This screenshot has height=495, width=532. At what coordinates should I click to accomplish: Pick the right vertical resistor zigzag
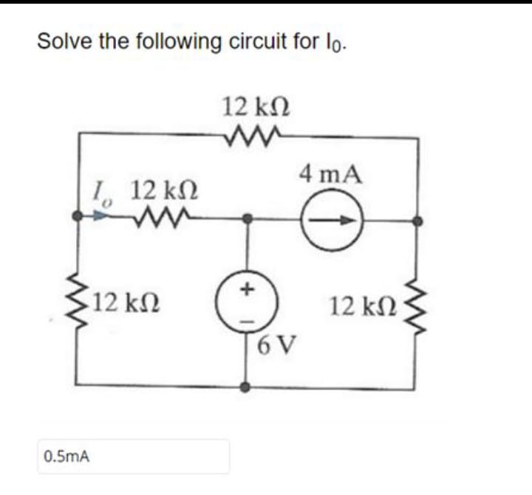point(419,303)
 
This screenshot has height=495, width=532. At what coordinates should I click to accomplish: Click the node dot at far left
point(77,218)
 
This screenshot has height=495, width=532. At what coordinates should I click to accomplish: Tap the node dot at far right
point(419,219)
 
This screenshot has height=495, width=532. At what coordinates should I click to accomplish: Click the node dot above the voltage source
point(248,218)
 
